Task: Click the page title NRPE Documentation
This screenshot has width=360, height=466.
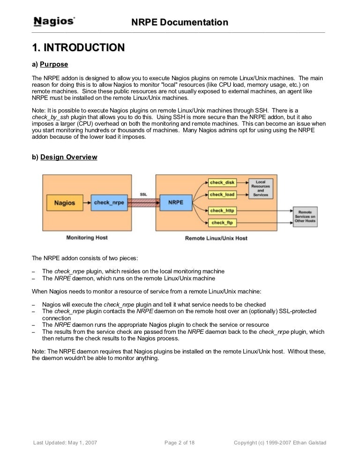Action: pos(180,22)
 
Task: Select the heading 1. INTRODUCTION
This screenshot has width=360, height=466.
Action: pos(78,47)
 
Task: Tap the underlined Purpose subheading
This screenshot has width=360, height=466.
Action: pos(54,64)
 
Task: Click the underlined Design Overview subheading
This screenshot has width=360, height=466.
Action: pos(69,157)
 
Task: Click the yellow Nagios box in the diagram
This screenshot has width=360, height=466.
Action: pos(65,203)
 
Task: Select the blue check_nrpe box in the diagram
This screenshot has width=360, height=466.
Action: pos(108,203)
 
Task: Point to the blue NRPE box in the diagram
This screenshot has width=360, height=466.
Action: pos(175,203)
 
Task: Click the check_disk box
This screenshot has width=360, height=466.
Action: pos(222,182)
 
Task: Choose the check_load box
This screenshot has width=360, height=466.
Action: pos(222,194)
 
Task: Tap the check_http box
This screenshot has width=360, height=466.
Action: pos(222,211)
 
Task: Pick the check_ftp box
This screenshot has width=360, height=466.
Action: pos(222,223)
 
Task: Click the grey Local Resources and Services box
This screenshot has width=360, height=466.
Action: pos(261,188)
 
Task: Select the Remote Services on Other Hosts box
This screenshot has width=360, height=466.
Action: pos(305,217)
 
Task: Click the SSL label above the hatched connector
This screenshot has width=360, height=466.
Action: pos(143,194)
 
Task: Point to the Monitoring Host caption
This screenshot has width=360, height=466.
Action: pos(87,238)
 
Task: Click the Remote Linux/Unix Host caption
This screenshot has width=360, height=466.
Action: pos(216,238)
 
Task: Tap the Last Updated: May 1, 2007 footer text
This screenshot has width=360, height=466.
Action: pos(65,443)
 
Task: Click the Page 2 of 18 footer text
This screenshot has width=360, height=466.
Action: pos(180,443)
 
